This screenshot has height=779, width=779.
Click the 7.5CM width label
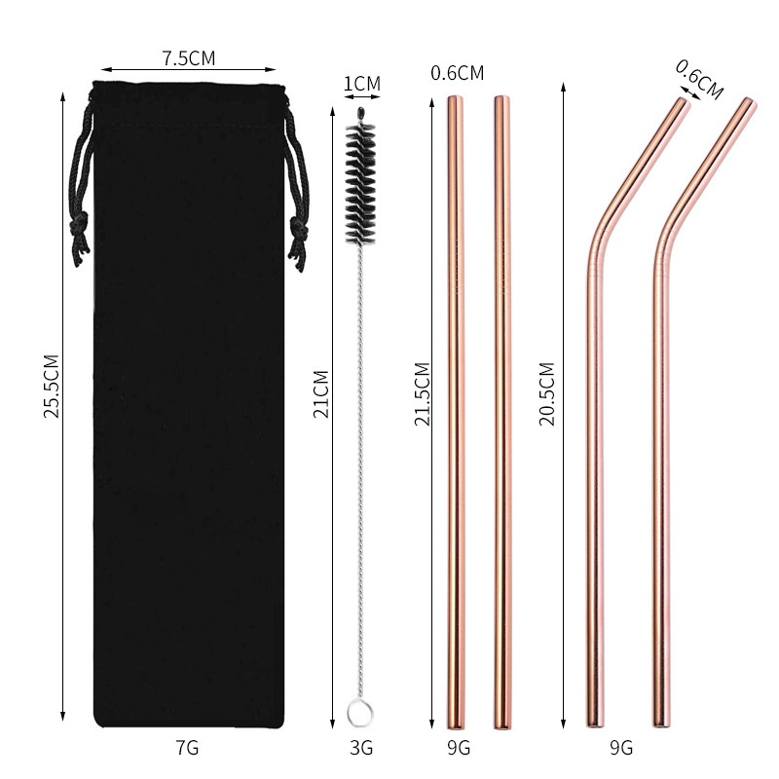[189, 58]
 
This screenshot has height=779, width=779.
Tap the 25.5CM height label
[52, 386]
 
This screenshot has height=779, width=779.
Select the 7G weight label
[187, 748]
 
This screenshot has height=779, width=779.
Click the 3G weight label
[360, 748]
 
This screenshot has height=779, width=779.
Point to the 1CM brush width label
[361, 84]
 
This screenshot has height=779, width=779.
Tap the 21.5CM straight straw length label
[423, 394]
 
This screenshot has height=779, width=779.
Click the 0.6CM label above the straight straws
[457, 72]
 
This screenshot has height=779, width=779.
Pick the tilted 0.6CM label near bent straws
[699, 79]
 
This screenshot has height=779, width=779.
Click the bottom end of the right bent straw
[660, 723]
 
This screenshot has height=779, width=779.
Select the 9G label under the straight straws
[457, 748]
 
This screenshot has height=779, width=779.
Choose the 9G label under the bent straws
[620, 748]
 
